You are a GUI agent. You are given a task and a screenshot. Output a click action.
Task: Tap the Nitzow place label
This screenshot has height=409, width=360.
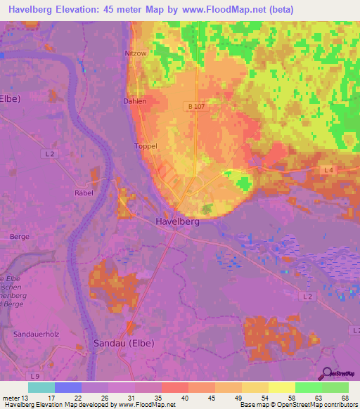136,53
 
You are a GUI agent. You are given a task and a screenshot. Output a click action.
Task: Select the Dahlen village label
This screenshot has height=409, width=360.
135,101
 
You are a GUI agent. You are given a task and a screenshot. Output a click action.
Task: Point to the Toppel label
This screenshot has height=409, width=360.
145,147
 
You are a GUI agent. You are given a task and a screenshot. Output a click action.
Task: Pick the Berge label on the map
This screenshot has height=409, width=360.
20,237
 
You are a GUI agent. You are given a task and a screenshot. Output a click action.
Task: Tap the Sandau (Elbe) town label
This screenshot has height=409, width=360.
124,343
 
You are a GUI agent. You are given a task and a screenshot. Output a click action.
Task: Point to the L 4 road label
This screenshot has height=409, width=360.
328,170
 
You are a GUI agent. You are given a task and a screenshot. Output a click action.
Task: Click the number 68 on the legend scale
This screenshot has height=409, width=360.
345,397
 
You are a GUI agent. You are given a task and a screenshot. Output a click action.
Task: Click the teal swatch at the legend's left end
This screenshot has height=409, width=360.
41,387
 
